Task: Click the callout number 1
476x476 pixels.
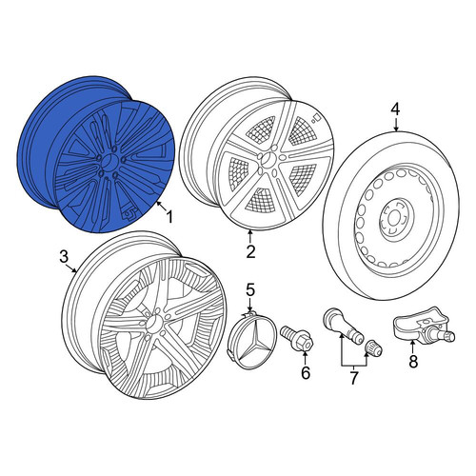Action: pyautogui.click(x=169, y=218)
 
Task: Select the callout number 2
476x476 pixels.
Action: pyautogui.click(x=250, y=252)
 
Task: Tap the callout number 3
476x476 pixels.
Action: pyautogui.click(x=64, y=256)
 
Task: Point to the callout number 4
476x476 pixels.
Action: pyautogui.click(x=395, y=109)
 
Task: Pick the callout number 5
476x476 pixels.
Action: pyautogui.click(x=250, y=289)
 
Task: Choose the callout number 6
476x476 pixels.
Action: pyautogui.click(x=305, y=372)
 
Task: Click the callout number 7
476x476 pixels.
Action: pyautogui.click(x=354, y=378)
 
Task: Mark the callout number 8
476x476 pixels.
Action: pyautogui.click(x=413, y=361)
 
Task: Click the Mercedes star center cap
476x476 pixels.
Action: pyautogui.click(x=252, y=340)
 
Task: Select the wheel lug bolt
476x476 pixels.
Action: pyautogui.click(x=297, y=339)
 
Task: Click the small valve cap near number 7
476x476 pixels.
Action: pyautogui.click(x=374, y=348)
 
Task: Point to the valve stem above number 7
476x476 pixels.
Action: pyautogui.click(x=343, y=327)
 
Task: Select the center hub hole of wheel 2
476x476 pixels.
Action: pyautogui.click(x=268, y=158)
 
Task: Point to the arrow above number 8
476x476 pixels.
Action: pyautogui.click(x=412, y=347)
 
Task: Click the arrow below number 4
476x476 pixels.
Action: pyautogui.click(x=395, y=124)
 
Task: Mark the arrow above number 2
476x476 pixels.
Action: pyautogui.click(x=250, y=237)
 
